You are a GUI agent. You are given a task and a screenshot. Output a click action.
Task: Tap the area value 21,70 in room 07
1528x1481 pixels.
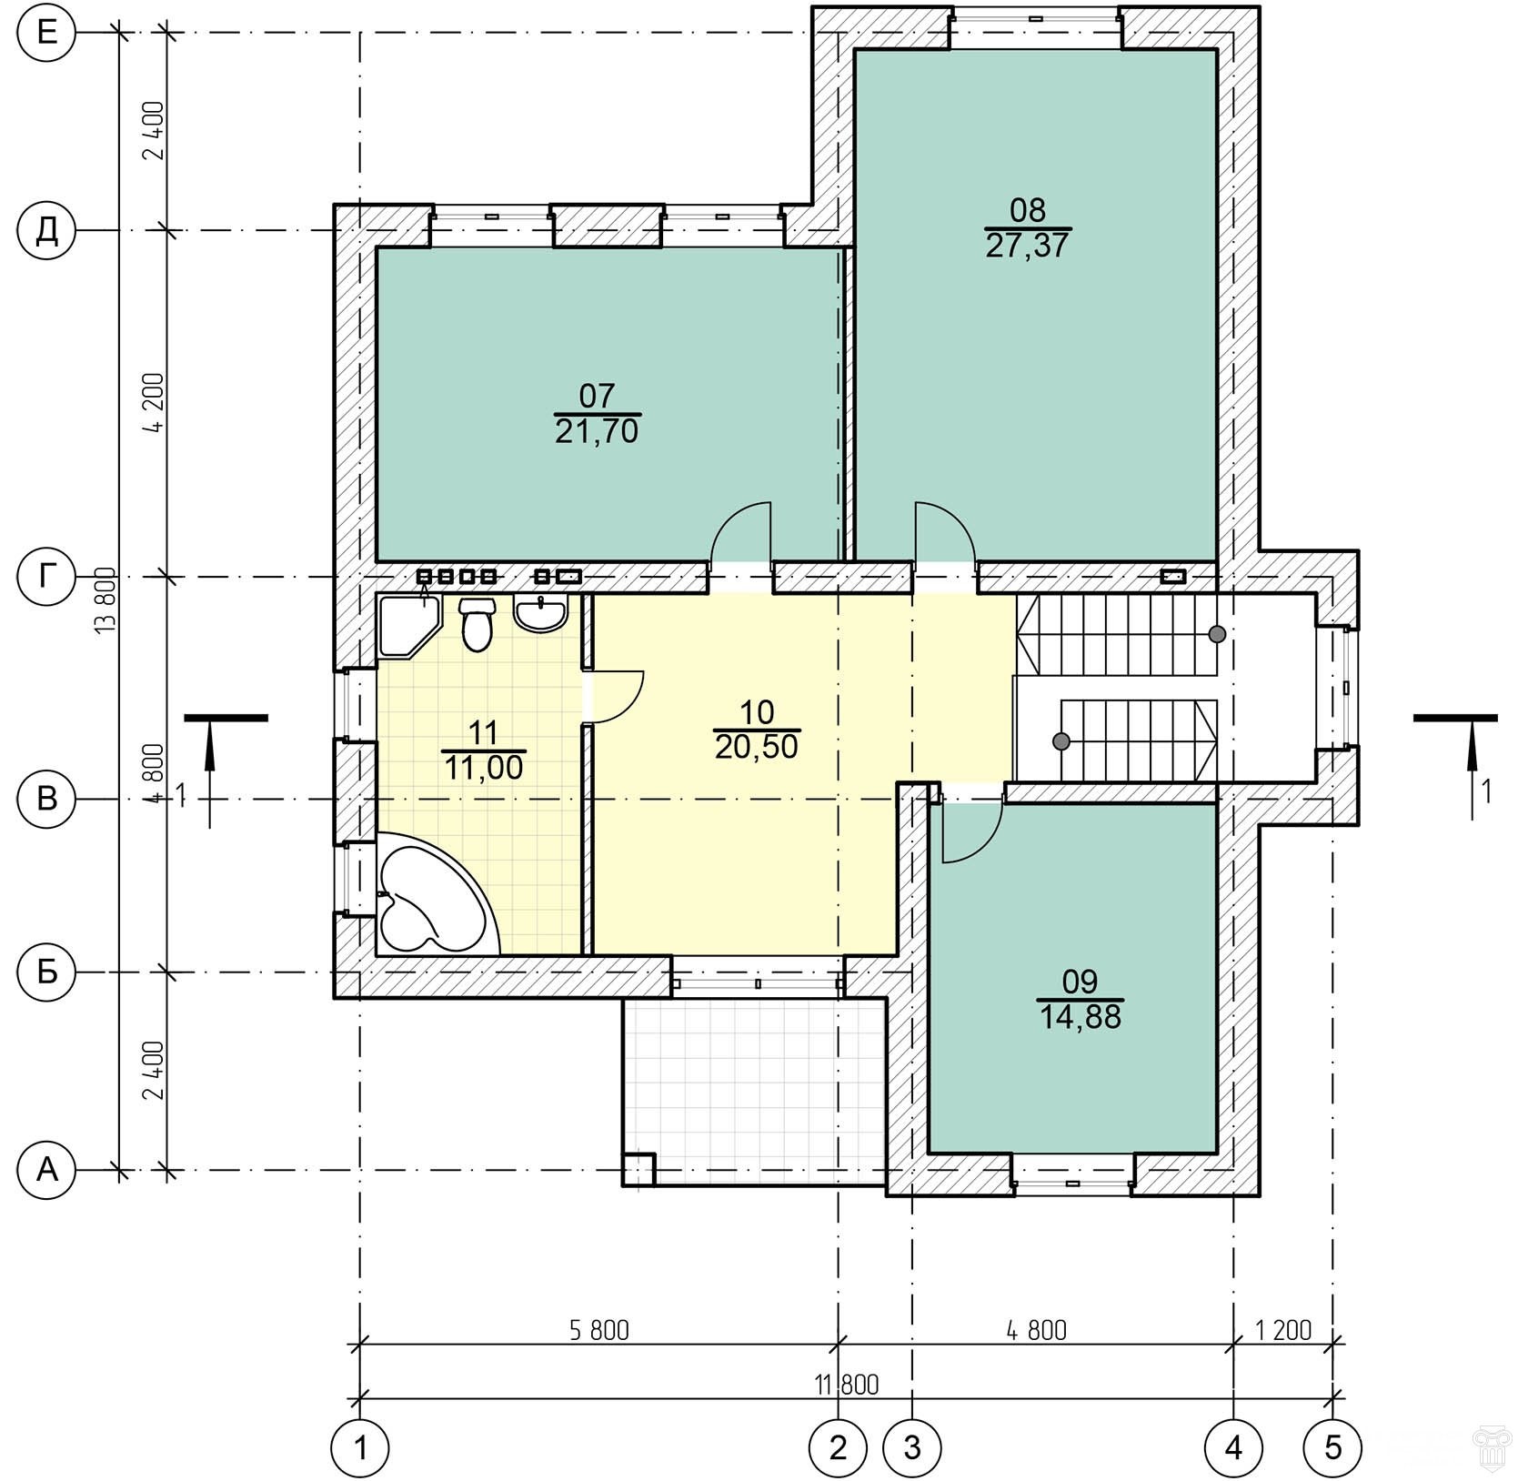[x=597, y=431]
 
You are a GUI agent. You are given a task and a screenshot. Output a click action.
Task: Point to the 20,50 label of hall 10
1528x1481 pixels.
[x=757, y=747]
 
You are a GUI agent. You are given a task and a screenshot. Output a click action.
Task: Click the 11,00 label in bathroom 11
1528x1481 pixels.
[x=484, y=768]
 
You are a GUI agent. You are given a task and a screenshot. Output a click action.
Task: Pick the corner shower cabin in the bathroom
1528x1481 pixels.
[x=408, y=626]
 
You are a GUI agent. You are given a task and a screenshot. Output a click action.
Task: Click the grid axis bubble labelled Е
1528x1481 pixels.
[x=47, y=34]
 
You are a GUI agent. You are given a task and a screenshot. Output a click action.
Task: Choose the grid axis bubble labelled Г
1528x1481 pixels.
[x=47, y=576]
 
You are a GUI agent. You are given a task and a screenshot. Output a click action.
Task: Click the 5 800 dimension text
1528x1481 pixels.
[x=599, y=1330]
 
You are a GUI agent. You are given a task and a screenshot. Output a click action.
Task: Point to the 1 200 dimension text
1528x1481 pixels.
[x=1283, y=1330]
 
